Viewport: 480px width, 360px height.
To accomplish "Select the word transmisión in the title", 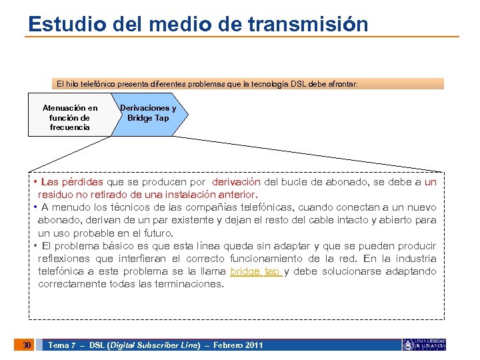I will click(308, 24).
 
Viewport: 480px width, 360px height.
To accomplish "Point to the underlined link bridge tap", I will click(255, 271).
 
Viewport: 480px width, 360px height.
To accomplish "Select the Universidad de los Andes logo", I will click(424, 344).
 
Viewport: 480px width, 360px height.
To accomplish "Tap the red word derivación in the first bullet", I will click(236, 182).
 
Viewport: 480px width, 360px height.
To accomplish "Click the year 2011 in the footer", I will click(253, 345).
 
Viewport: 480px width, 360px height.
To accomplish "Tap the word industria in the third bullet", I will click(415, 259).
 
